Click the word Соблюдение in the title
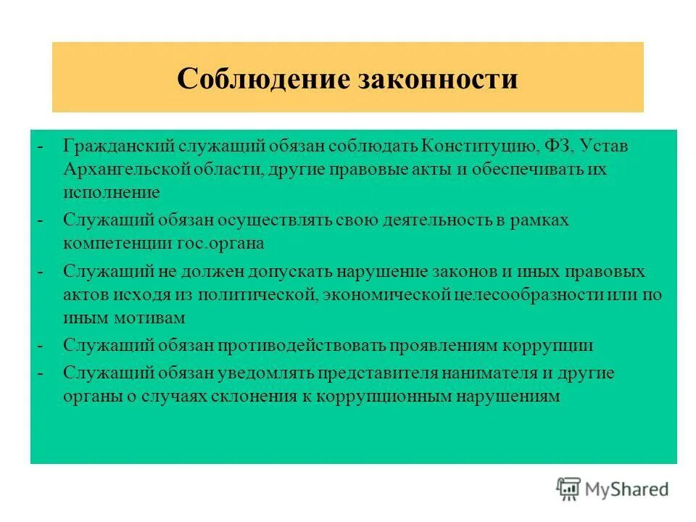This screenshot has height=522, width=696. pyautogui.click(x=253, y=78)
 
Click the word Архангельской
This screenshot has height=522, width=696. pyautogui.click(x=127, y=170)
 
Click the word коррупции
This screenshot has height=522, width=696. pyautogui.click(x=555, y=346)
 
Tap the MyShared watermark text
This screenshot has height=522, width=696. pyautogui.click(x=627, y=489)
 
